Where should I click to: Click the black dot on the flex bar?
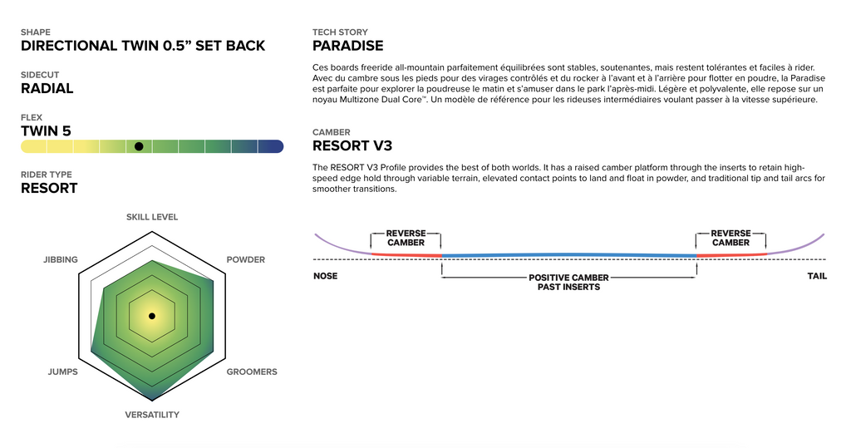139,146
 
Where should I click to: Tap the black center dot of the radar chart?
152,316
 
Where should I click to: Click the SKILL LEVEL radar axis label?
152,217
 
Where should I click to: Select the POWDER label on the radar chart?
246,259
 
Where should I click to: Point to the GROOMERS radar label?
252,372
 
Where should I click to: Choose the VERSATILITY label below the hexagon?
152,415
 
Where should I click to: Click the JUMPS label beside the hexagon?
63,372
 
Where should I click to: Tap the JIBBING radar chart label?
61,259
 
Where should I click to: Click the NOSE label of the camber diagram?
326,276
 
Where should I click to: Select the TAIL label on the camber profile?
817,276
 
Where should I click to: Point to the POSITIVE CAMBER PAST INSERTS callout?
568,283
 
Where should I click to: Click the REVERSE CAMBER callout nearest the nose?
406,238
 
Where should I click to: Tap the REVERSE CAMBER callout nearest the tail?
731,238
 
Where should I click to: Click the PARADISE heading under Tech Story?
348,47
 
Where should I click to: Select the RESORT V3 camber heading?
352,146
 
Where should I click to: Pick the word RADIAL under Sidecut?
47,88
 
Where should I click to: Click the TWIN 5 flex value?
47,130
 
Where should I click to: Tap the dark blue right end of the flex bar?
271,146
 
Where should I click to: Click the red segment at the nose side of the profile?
406,254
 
